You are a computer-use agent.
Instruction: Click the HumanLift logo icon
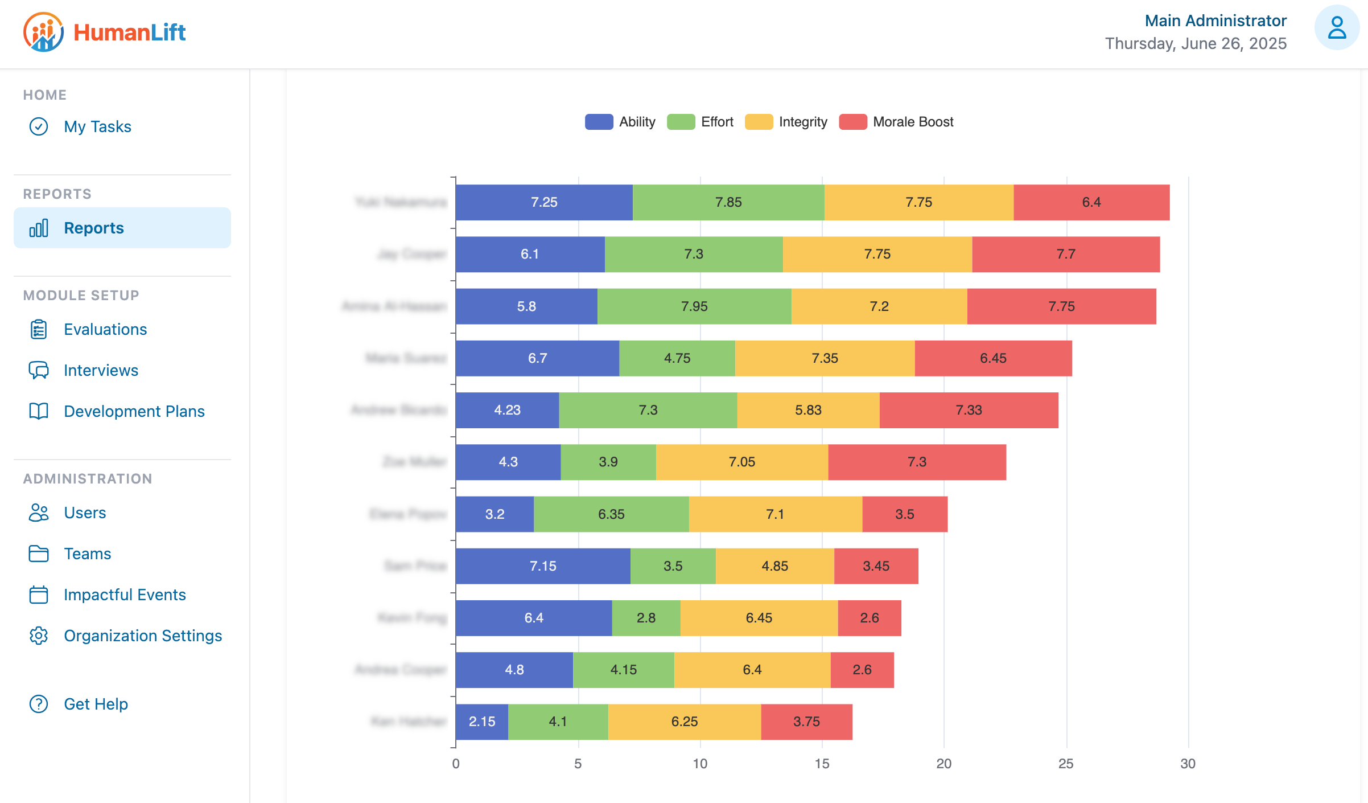pyautogui.click(x=43, y=32)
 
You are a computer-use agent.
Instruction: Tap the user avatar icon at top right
pyautogui.click(x=1336, y=28)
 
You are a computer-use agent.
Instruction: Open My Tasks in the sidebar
pyautogui.click(x=97, y=126)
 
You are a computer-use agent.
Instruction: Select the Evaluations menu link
pyautogui.click(x=105, y=329)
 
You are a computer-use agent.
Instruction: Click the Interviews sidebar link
pyautogui.click(x=101, y=370)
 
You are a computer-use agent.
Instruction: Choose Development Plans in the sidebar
pyautogui.click(x=134, y=411)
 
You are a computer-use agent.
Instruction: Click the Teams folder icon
pyautogui.click(x=39, y=554)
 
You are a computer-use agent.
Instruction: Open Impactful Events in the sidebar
pyautogui.click(x=125, y=595)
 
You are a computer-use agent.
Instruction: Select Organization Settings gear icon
pyautogui.click(x=39, y=636)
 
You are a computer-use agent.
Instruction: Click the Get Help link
pyautogui.click(x=96, y=704)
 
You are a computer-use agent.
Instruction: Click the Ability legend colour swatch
pyautogui.click(x=599, y=122)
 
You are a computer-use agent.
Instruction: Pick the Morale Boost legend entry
pyautogui.click(x=913, y=122)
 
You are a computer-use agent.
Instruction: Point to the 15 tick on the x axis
pyautogui.click(x=822, y=764)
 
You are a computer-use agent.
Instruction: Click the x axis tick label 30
pyautogui.click(x=1188, y=764)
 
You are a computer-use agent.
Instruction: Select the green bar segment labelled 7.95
pyautogui.click(x=694, y=306)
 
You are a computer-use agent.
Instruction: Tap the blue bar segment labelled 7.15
pyautogui.click(x=543, y=566)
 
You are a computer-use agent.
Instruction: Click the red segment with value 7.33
pyautogui.click(x=969, y=410)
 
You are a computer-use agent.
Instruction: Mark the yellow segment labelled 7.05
pyautogui.click(x=741, y=462)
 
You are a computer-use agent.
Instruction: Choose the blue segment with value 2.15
pyautogui.click(x=481, y=722)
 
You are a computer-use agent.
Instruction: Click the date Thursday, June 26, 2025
pyautogui.click(x=1195, y=44)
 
